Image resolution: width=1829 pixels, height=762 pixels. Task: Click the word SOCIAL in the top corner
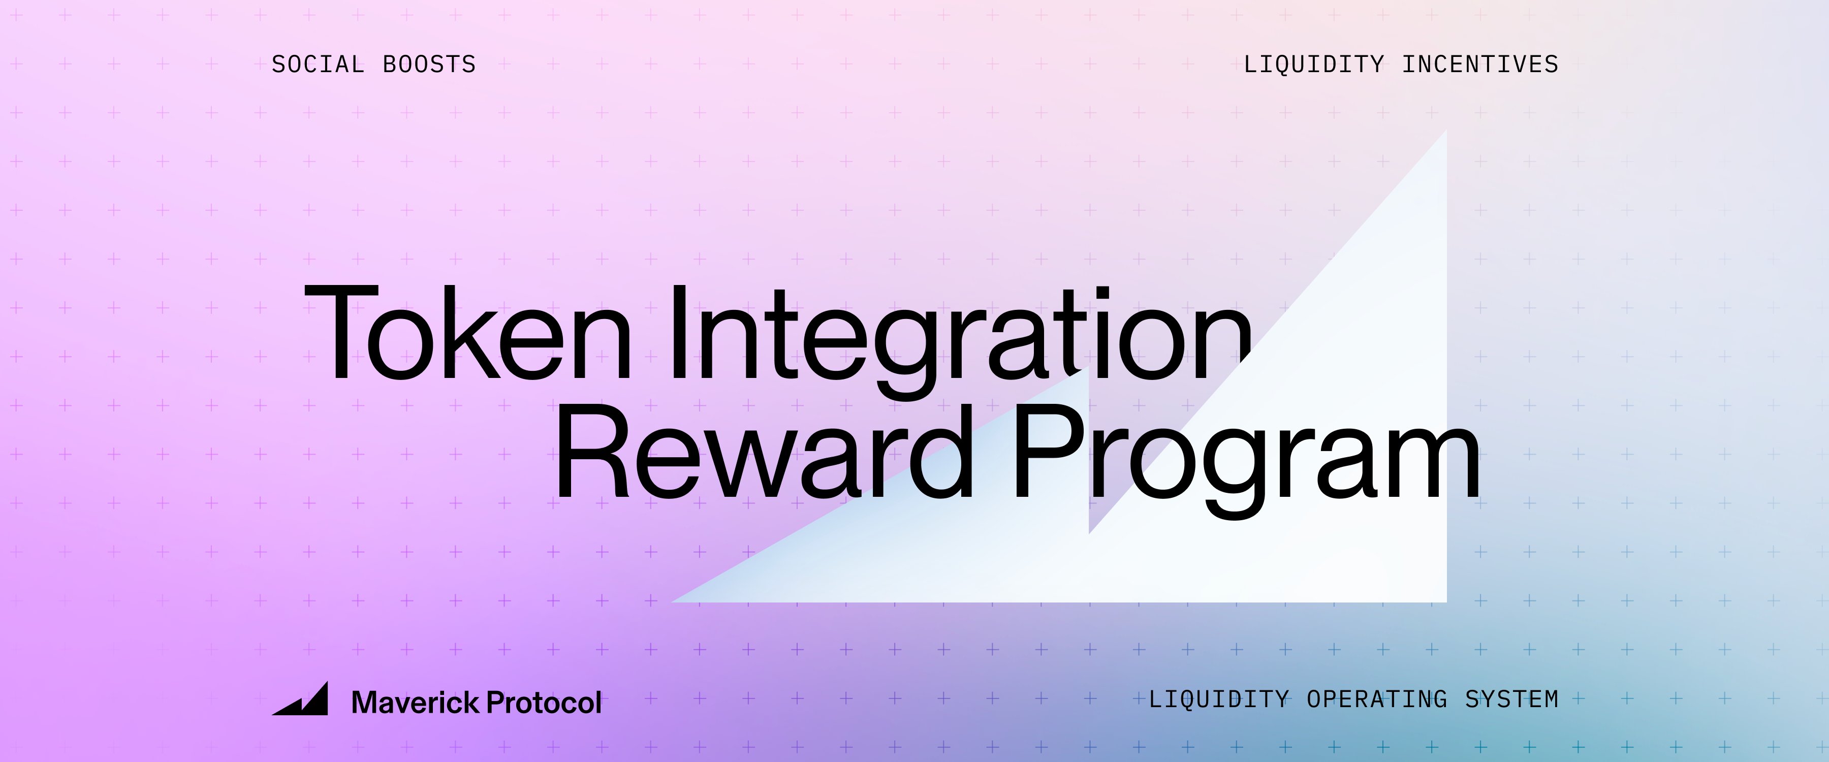click(318, 65)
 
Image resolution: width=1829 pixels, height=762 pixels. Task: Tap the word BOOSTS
click(429, 65)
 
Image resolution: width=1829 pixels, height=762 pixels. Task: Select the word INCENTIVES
click(1480, 65)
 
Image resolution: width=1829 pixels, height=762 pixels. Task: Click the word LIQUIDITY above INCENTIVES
click(1313, 65)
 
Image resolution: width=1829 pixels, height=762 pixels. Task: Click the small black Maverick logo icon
click(300, 699)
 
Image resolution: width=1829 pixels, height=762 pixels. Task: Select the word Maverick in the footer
click(416, 703)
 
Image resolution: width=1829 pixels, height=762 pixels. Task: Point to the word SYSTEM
click(1511, 700)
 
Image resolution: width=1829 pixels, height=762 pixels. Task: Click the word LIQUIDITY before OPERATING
click(1218, 700)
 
